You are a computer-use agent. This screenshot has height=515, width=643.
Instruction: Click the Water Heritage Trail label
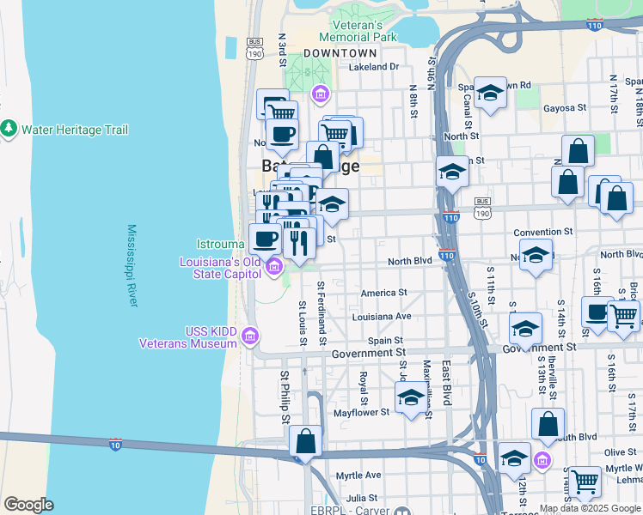(75, 130)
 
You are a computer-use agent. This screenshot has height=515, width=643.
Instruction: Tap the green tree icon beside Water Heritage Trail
(9, 129)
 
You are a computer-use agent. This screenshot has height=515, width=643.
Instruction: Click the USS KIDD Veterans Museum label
(188, 337)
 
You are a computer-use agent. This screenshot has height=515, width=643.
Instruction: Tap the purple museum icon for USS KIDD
(251, 335)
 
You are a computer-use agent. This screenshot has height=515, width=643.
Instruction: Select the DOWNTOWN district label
(340, 53)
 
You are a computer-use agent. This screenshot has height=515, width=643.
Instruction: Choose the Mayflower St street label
(362, 412)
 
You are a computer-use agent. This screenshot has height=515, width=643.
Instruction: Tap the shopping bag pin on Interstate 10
(305, 442)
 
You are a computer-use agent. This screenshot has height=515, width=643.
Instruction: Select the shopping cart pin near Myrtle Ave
(585, 482)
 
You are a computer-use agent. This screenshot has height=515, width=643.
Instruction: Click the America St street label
(383, 293)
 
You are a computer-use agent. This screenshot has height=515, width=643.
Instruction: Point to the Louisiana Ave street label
(382, 316)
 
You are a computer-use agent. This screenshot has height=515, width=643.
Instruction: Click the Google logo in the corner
(29, 505)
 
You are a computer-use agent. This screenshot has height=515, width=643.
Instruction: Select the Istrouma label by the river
(221, 244)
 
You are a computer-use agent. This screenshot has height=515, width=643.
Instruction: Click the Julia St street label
(360, 497)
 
